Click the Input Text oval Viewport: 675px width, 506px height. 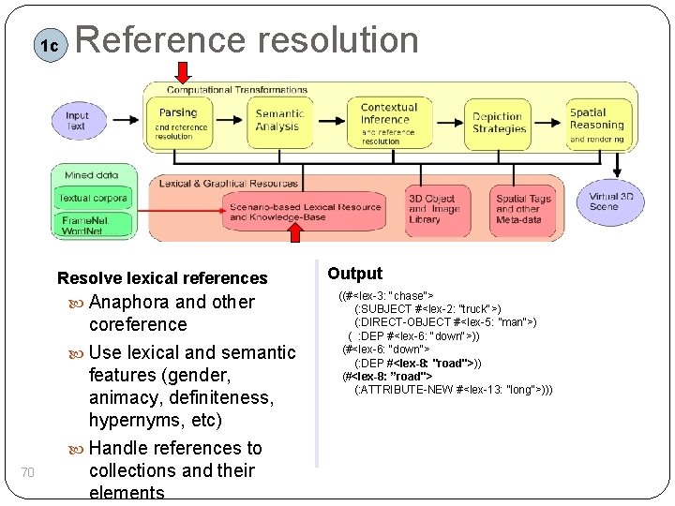77,121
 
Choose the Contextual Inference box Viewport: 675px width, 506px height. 388,123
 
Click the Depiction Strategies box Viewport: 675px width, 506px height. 498,123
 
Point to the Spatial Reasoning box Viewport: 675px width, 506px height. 596,123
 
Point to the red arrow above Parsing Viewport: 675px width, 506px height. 182,71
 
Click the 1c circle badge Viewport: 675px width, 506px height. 48,45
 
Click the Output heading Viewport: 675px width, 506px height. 354,274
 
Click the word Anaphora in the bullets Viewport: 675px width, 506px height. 128,302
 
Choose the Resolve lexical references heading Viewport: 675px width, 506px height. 162,278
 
